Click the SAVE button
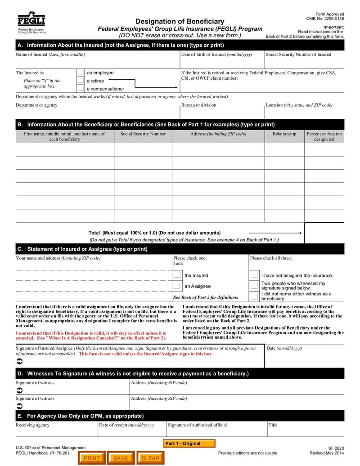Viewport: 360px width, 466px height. pos(121,458)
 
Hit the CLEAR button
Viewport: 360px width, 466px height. pos(150,458)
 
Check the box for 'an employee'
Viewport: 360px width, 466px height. pos(80,73)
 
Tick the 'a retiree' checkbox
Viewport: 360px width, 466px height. pos(80,81)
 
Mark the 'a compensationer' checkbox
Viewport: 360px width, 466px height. pos(80,89)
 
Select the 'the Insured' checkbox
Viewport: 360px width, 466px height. pos(177,275)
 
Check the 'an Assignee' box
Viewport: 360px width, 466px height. pos(177,286)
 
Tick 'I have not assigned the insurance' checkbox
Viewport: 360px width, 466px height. pos(254,275)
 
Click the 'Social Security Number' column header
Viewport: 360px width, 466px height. pos(143,134)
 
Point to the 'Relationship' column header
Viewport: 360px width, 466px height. pos(284,134)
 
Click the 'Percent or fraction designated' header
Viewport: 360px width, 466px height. pos(324,136)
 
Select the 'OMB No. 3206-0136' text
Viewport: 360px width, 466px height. pos(325,19)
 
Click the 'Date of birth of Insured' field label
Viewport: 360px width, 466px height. pos(216,54)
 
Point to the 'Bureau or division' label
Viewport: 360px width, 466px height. pos(198,105)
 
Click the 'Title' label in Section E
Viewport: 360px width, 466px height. pos(273,425)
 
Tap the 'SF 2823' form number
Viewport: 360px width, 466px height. pos(336,448)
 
